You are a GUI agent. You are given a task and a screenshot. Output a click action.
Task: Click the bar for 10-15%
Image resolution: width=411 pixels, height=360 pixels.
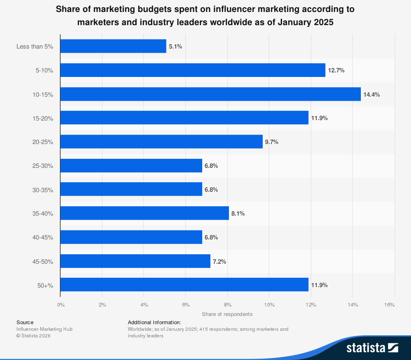pos(210,94)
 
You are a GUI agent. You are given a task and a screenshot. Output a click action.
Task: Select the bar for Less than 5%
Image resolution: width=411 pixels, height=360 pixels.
pos(113,46)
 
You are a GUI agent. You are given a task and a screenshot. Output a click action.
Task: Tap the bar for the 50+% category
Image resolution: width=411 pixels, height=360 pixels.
pos(184,285)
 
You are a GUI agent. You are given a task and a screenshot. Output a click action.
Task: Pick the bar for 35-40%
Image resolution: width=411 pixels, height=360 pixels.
pos(144,213)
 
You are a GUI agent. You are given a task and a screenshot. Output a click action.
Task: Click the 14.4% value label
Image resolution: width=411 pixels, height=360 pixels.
pos(372,94)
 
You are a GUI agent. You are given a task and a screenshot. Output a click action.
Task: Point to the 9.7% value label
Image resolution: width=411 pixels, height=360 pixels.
pos(272,142)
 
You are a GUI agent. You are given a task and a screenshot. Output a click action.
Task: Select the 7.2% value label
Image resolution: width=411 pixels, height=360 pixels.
pos(219,261)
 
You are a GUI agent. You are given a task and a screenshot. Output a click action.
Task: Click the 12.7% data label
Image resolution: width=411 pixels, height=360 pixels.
pos(336,70)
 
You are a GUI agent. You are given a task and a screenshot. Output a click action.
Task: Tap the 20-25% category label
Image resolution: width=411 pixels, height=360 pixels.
pos(43,142)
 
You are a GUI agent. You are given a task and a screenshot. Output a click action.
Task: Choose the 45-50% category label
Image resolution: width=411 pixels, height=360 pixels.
pos(43,261)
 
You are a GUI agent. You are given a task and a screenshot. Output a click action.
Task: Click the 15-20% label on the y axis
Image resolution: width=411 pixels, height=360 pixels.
pos(43,118)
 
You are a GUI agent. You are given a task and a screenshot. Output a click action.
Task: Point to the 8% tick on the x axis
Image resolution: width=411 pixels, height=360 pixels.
pos(228,305)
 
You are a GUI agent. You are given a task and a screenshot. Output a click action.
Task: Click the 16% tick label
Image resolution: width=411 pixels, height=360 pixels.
pos(389,305)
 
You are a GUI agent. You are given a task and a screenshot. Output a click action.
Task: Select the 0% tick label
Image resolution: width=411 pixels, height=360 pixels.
pos(61,305)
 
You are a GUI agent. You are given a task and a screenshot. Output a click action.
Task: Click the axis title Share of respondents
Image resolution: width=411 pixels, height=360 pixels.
pos(227,314)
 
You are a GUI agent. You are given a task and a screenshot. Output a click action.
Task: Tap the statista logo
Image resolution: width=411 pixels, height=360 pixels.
pos(372,348)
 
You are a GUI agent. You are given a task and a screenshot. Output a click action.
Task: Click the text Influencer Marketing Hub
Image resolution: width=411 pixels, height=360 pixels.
pos(44,329)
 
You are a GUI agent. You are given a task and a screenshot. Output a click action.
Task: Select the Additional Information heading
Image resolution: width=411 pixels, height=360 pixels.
pos(154,322)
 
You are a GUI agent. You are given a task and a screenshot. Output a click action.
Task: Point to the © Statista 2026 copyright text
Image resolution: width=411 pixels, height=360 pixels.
pos(33,336)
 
